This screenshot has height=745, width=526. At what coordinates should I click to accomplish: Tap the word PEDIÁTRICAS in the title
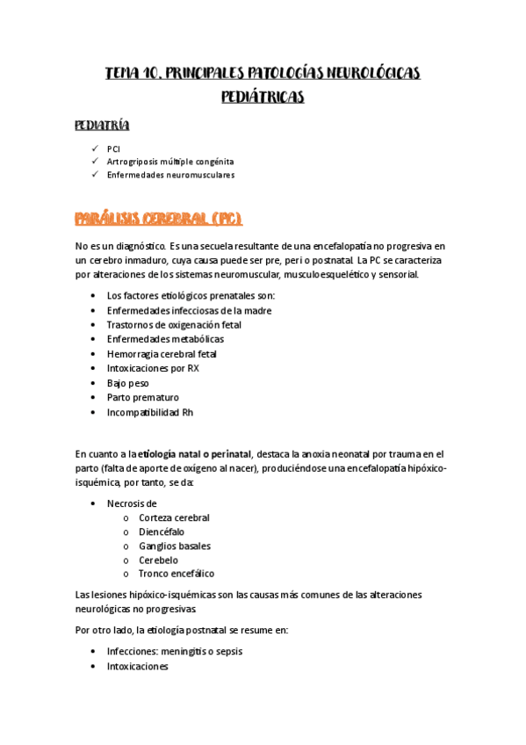click(x=263, y=97)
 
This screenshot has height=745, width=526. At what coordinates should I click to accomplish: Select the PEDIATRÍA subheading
click(x=103, y=126)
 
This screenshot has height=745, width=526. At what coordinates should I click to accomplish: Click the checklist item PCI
click(x=114, y=148)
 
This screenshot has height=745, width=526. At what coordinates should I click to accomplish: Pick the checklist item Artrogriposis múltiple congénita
click(x=170, y=162)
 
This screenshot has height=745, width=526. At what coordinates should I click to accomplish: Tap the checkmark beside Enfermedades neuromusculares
click(x=95, y=175)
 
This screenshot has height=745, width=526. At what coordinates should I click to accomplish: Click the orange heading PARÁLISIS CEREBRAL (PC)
click(x=158, y=218)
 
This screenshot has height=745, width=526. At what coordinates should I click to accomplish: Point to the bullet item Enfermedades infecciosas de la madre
click(x=189, y=310)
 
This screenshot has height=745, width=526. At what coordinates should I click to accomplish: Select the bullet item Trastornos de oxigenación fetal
click(x=174, y=325)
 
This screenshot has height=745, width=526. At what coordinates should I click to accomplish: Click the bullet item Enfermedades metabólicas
click(x=165, y=339)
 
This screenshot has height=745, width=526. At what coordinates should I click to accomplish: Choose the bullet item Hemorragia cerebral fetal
click(x=162, y=354)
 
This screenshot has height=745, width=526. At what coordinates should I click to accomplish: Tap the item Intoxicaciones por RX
click(x=153, y=368)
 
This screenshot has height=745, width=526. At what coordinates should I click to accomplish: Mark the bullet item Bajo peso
click(x=128, y=383)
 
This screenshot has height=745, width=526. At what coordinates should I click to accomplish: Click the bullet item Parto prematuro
click(x=142, y=397)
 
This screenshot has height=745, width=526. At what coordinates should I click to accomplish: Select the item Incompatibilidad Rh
click(x=150, y=412)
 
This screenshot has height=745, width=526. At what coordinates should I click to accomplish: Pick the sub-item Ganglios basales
click(x=175, y=546)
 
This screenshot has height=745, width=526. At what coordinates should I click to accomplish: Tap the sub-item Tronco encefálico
click(x=177, y=574)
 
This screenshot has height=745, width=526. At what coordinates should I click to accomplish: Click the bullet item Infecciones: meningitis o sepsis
click(x=175, y=651)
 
